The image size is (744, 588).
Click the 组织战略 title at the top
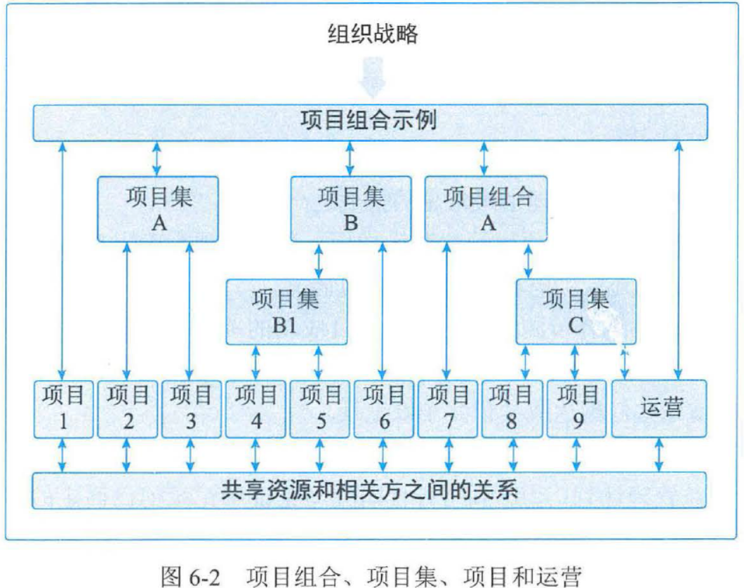pyautogui.click(x=372, y=33)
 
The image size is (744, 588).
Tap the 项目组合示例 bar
pyautogui.click(x=371, y=121)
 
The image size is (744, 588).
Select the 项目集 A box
pyautogui.click(x=158, y=208)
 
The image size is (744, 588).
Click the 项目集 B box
pyautogui.click(x=351, y=208)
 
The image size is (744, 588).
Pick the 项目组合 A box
pyautogui.click(x=487, y=208)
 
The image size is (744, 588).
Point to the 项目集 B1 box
pyautogui.click(x=286, y=312)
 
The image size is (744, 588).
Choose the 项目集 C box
pyautogui.click(x=576, y=312)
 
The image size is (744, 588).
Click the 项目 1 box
pyautogui.click(x=64, y=408)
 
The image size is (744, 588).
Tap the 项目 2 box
pyautogui.click(x=127, y=408)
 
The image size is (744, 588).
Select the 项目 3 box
pyautogui.click(x=191, y=408)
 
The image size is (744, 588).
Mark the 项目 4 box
pyautogui.click(x=255, y=408)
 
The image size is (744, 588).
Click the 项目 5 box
pyautogui.click(x=320, y=408)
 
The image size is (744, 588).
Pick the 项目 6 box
pyautogui.click(x=384, y=408)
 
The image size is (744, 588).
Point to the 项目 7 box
pyautogui.click(x=449, y=408)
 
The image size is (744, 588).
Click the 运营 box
pyautogui.click(x=659, y=408)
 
